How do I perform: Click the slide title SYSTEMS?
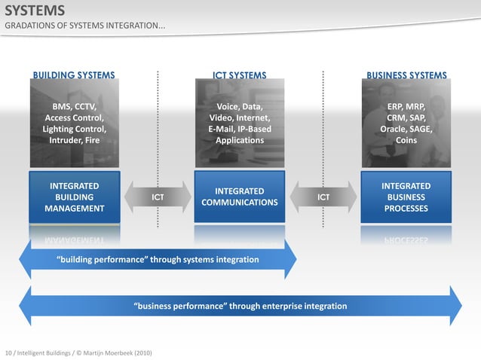(x=35, y=11)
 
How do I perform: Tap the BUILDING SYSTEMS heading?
(x=74, y=75)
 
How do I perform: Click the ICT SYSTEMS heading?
(x=240, y=75)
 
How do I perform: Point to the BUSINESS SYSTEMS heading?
(x=406, y=75)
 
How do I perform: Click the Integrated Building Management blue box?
(x=74, y=197)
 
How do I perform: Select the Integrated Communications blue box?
(x=240, y=197)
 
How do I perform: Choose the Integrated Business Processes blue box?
(x=406, y=197)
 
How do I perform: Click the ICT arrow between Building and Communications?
(x=158, y=197)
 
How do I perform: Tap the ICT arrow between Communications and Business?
(x=323, y=197)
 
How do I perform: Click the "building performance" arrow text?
(x=158, y=260)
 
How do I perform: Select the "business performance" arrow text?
(x=240, y=307)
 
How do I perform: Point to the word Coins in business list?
(x=406, y=140)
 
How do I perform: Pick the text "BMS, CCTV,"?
(x=74, y=107)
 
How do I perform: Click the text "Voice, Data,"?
(x=240, y=107)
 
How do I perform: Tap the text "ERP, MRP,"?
(x=406, y=107)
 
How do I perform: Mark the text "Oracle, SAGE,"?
(x=406, y=129)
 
